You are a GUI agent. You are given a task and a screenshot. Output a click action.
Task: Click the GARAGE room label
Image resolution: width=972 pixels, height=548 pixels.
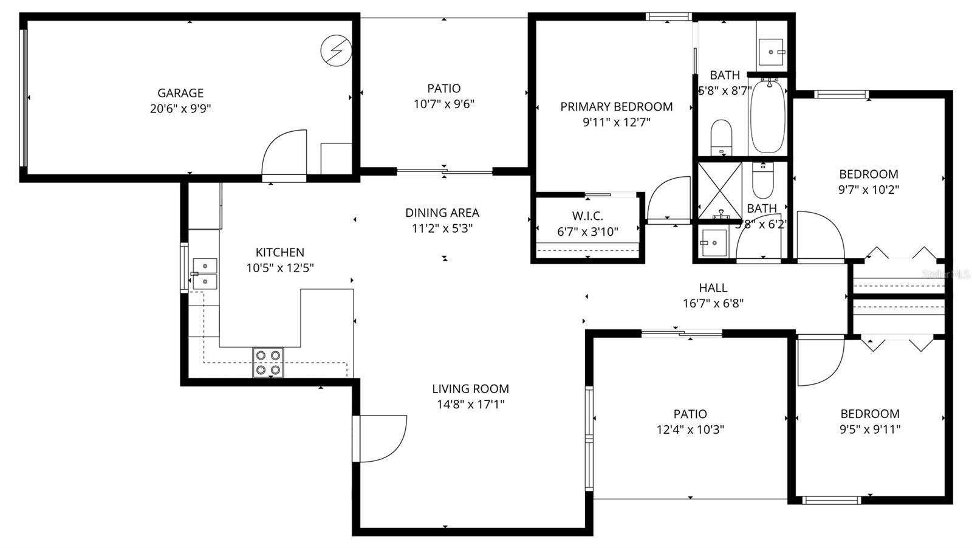pyautogui.click(x=180, y=93)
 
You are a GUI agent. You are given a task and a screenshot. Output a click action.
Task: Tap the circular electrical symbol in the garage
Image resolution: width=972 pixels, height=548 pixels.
pyautogui.click(x=335, y=50)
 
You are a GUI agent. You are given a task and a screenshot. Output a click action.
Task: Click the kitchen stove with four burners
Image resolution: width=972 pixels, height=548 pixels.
pyautogui.click(x=268, y=362)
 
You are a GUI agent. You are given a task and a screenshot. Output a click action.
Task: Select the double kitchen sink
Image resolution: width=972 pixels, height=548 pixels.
pyautogui.click(x=205, y=273)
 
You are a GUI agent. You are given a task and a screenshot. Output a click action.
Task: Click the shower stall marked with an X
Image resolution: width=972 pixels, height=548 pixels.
pyautogui.click(x=719, y=190)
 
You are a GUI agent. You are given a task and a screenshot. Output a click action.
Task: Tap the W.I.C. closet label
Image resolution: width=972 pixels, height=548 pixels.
pyautogui.click(x=587, y=216)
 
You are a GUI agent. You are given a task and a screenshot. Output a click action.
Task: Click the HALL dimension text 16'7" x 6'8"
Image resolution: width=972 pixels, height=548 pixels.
pyautogui.click(x=713, y=303)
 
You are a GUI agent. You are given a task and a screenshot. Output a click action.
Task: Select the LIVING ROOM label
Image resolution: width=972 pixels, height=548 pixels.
pyautogui.click(x=470, y=389)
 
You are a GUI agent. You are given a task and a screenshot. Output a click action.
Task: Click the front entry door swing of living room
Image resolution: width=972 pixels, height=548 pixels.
pyautogui.click(x=380, y=437)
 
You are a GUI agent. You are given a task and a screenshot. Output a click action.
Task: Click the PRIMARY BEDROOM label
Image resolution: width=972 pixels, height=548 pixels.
pyautogui.click(x=616, y=107)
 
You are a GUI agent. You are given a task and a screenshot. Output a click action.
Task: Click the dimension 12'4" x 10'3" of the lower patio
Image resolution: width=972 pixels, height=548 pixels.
pyautogui.click(x=690, y=430)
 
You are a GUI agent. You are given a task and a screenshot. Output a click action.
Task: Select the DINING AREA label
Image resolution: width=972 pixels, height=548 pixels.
pyautogui.click(x=442, y=213)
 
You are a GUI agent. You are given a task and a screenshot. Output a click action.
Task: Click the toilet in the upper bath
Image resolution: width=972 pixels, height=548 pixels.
pyautogui.click(x=722, y=137)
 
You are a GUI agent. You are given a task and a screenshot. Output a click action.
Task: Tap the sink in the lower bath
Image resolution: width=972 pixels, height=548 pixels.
pyautogui.click(x=713, y=242)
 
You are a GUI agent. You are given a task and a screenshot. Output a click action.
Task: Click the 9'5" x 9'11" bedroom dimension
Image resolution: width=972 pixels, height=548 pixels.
pyautogui.click(x=869, y=430)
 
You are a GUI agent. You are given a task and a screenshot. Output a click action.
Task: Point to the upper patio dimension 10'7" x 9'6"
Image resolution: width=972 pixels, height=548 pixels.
pyautogui.click(x=444, y=104)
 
